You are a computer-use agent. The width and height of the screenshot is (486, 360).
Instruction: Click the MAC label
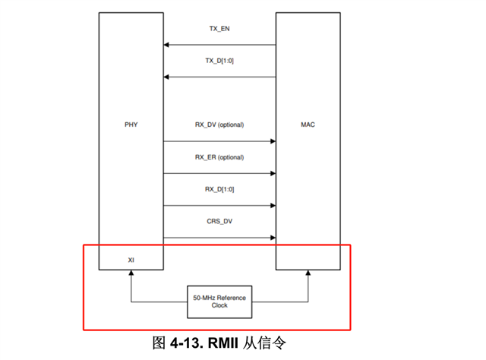[x=308, y=124]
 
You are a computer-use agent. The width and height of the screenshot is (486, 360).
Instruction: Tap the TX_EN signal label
[x=219, y=28]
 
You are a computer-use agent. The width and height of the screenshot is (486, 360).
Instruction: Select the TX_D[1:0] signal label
[x=219, y=60]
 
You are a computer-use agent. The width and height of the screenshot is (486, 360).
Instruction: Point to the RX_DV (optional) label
[x=219, y=125]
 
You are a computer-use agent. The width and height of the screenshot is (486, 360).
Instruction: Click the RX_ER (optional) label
[x=219, y=157]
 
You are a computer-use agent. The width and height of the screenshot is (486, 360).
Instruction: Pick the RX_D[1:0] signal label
[x=219, y=189]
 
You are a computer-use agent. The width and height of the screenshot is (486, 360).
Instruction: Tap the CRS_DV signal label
[x=219, y=222]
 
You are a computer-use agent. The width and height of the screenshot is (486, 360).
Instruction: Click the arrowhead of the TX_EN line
[x=166, y=44]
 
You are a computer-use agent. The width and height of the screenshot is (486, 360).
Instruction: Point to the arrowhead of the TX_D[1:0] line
[x=166, y=77]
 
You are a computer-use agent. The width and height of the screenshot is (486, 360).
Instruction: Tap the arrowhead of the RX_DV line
[x=271, y=141]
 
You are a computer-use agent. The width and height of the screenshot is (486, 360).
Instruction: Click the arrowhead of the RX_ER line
[x=271, y=173]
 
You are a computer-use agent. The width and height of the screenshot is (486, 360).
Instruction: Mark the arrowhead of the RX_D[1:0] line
[x=271, y=206]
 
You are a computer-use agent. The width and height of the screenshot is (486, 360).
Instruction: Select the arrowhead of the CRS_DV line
[x=271, y=238]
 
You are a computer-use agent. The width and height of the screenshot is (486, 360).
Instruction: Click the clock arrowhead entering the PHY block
[x=131, y=275]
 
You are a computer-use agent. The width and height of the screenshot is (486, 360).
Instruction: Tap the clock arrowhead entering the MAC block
[x=308, y=275]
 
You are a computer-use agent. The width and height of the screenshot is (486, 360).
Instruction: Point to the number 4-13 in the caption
[x=187, y=343]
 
